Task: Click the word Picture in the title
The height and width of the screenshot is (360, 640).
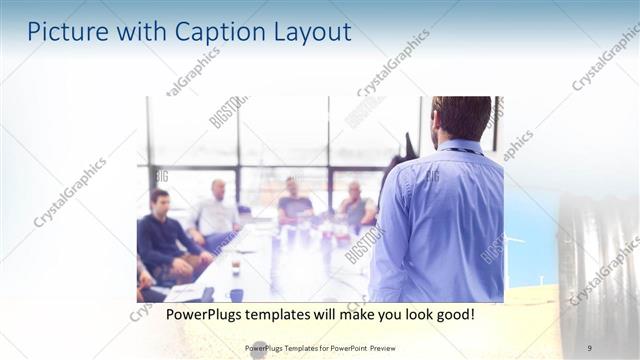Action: (x=63, y=32)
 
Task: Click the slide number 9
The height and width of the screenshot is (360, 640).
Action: (x=590, y=347)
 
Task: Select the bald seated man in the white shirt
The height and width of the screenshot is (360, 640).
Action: (x=217, y=211)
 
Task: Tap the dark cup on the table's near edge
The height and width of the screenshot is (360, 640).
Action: (x=236, y=294)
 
